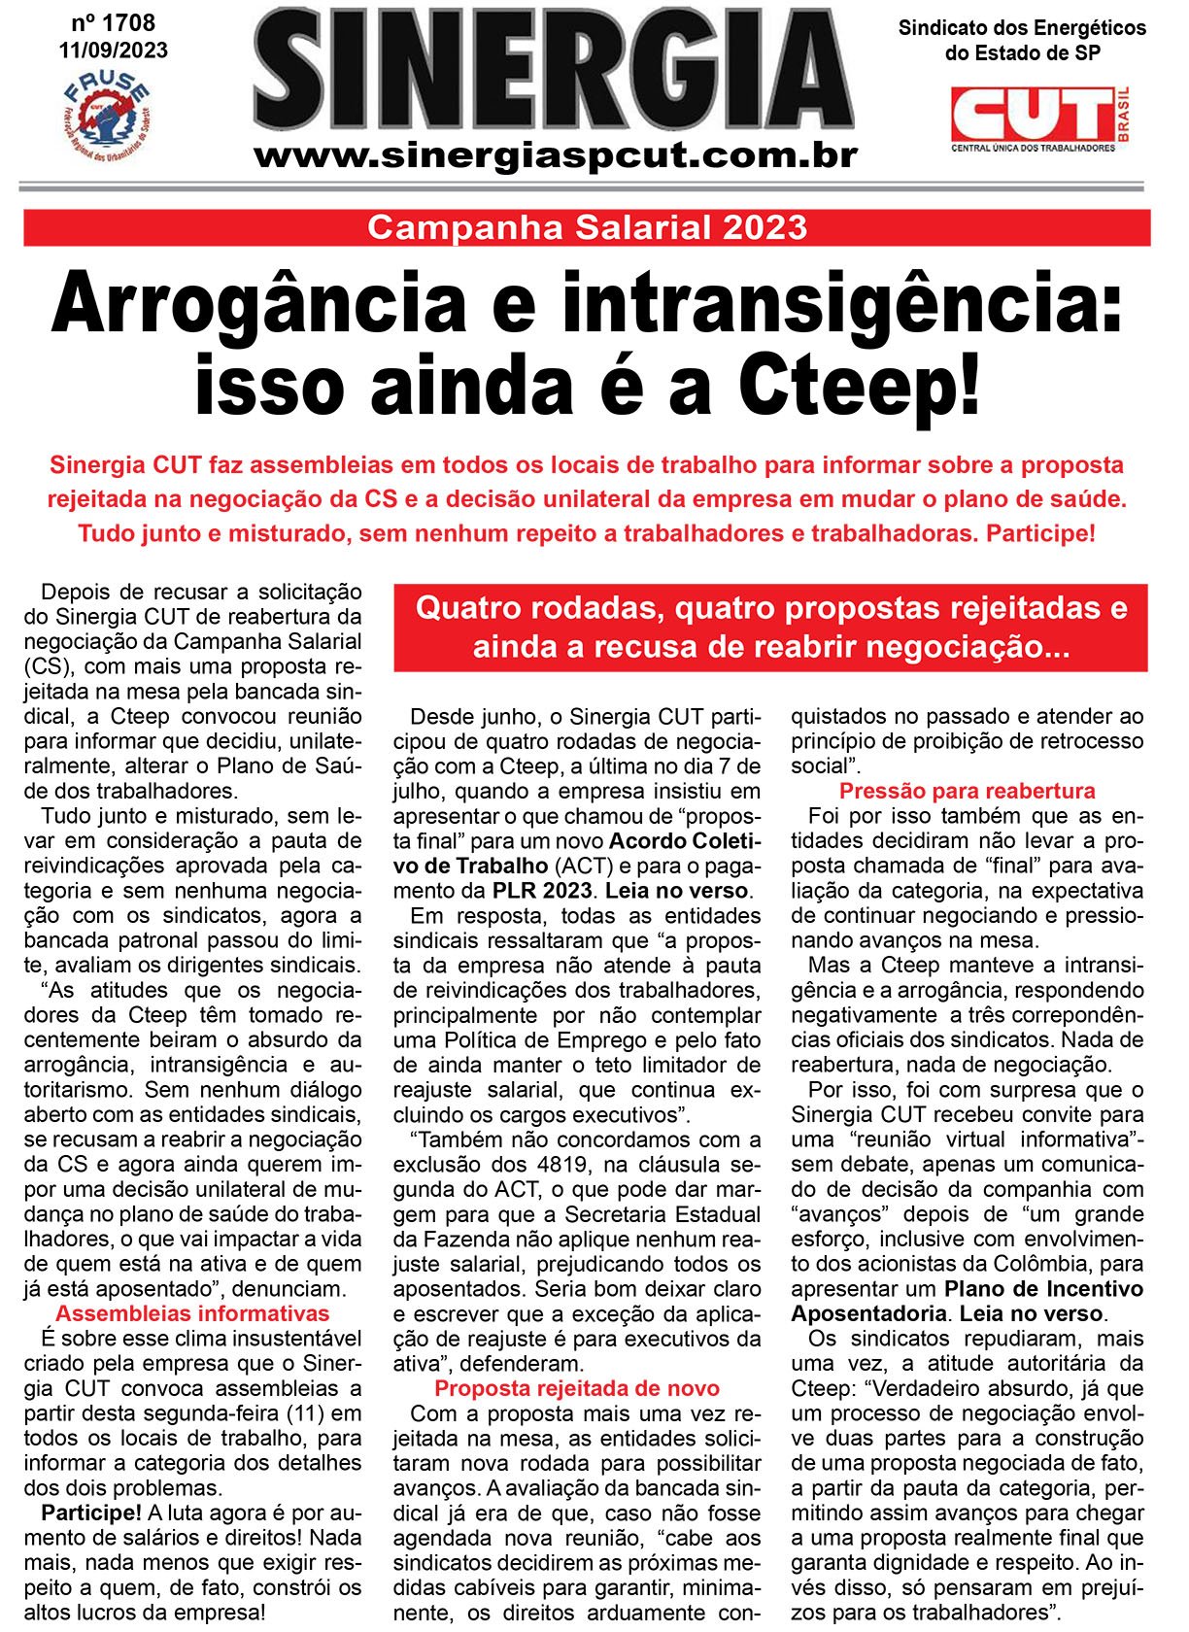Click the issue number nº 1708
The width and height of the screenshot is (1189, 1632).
113,22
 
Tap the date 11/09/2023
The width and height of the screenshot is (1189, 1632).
113,50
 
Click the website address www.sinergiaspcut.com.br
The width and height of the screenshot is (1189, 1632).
556,155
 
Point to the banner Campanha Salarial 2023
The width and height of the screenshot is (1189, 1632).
587,227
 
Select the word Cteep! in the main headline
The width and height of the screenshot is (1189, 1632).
860,386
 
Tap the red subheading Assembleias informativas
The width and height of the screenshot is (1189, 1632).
192,1313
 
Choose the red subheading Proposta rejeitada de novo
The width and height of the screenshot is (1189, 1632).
577,1388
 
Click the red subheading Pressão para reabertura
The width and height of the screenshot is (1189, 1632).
967,791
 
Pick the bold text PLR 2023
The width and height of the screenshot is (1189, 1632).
542,891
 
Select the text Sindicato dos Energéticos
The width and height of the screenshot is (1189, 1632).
1022,28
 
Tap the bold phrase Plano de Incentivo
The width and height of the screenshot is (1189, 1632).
1043,1289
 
